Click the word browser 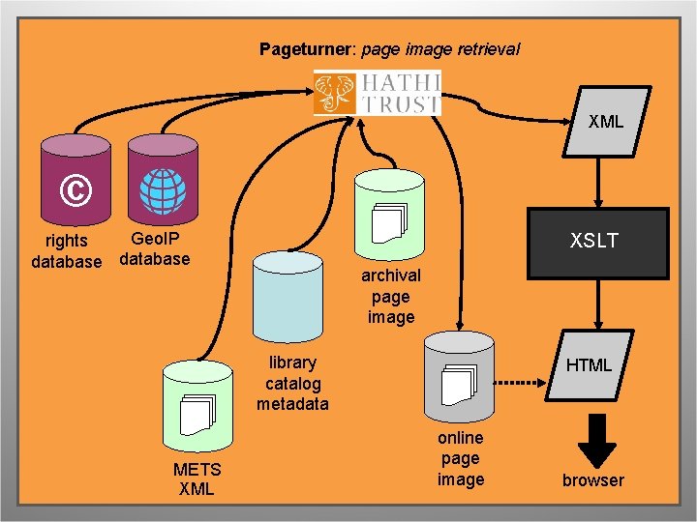593,480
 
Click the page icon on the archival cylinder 387,223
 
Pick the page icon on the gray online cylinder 457,384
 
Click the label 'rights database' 66,251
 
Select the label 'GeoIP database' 154,248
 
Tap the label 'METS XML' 197,478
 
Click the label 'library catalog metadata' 292,383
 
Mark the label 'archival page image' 391,296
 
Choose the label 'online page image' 461,458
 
